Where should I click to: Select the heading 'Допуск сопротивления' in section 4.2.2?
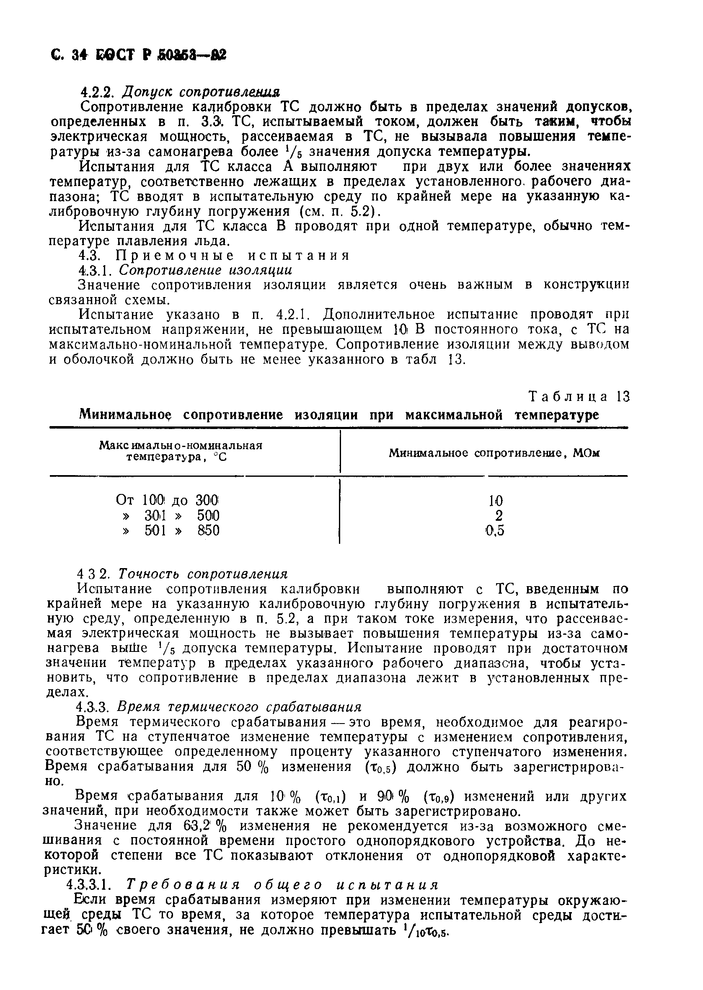pyautogui.click(x=201, y=92)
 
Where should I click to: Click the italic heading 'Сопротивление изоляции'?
pyautogui.click(x=206, y=270)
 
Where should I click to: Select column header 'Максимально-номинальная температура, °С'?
pyautogui.click(x=181, y=451)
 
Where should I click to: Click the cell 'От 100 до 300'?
pyautogui.click(x=168, y=500)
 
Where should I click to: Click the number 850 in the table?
pyautogui.click(x=209, y=531)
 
